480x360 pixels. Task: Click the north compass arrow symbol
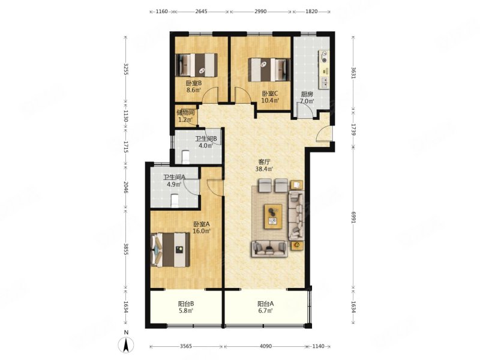click(126, 344)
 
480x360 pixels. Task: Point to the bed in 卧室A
click(170, 250)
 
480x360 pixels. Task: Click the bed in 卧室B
click(197, 65)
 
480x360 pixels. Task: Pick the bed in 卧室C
click(269, 70)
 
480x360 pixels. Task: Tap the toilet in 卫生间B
click(186, 157)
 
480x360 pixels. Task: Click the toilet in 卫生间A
click(174, 200)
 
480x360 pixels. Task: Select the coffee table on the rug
click(273, 216)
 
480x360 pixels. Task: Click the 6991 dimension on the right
click(353, 217)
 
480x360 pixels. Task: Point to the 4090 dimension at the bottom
click(265, 346)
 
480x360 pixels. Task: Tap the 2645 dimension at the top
click(201, 11)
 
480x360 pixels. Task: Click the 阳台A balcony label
click(265, 304)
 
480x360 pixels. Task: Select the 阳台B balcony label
click(186, 304)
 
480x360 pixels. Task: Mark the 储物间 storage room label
click(185, 112)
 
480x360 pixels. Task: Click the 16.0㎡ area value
click(201, 231)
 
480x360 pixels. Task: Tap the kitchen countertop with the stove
click(324, 70)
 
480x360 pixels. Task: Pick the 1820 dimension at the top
click(311, 11)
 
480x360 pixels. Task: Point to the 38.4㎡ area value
click(264, 169)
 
